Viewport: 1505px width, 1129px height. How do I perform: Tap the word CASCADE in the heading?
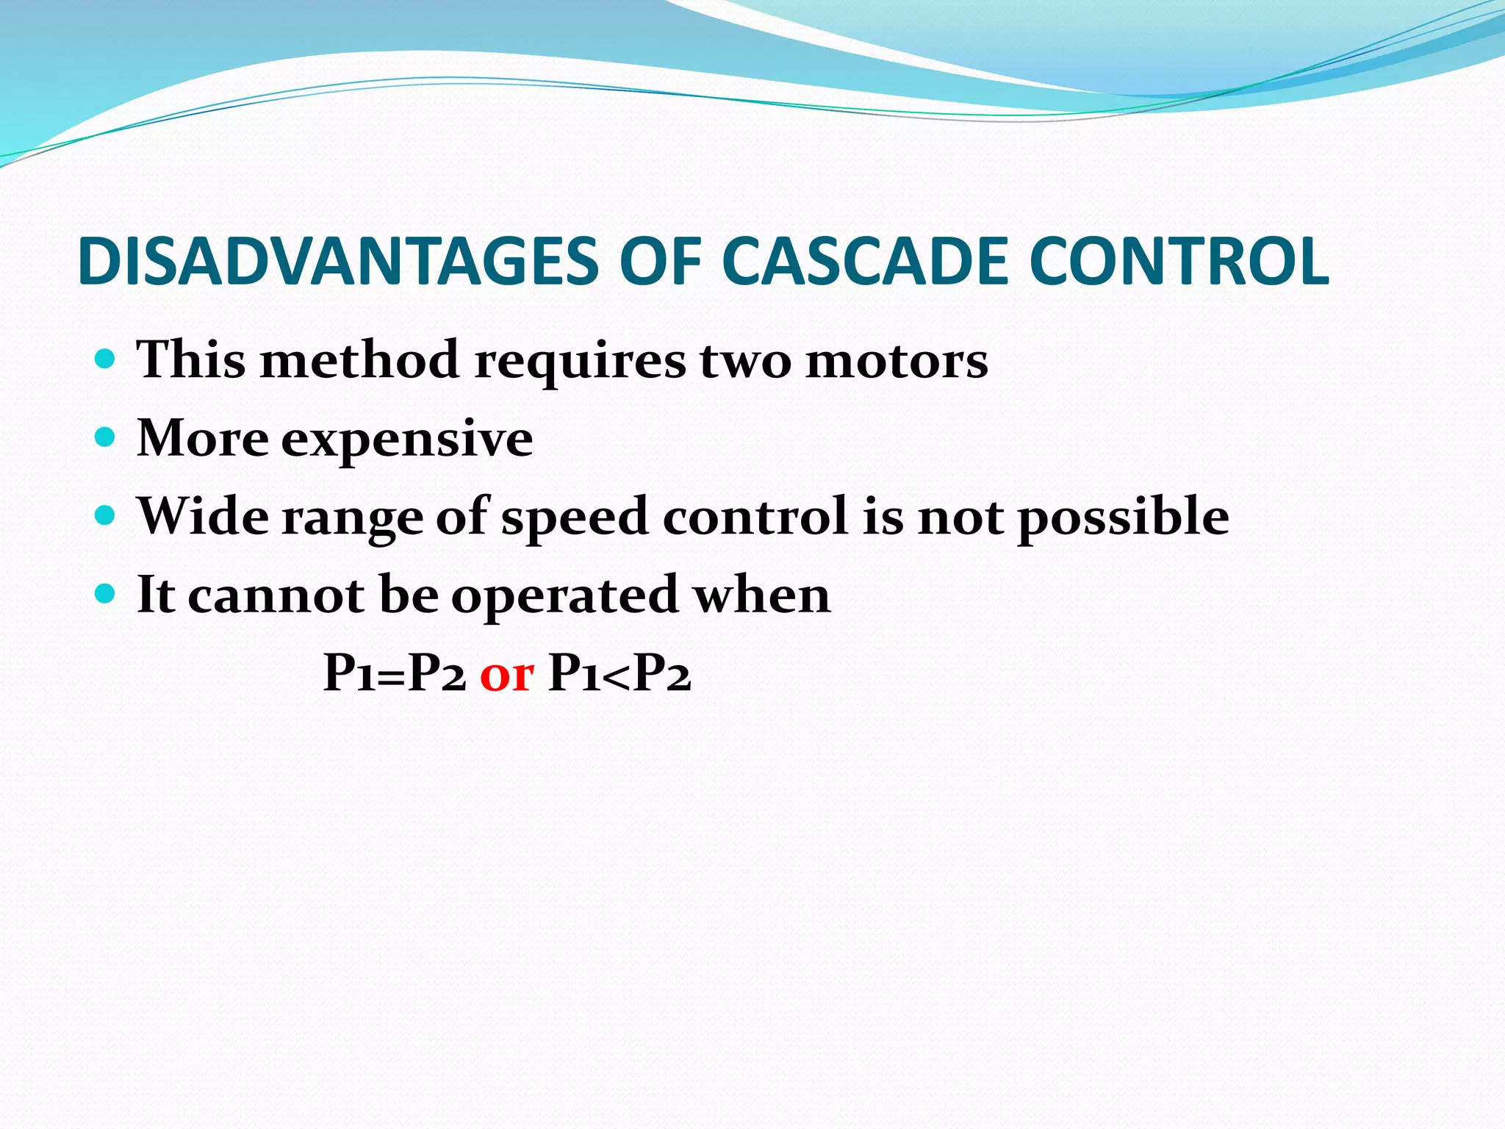click(865, 262)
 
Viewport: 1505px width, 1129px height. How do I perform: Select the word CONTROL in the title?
click(1179, 262)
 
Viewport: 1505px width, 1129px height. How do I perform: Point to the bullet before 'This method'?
click(106, 359)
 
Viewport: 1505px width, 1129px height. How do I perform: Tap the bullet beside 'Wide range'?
click(106, 516)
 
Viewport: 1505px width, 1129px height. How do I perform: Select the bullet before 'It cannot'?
click(106, 594)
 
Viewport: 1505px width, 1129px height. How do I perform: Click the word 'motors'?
click(897, 361)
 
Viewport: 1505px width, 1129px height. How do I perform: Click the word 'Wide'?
click(203, 516)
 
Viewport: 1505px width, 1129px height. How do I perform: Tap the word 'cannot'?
click(276, 595)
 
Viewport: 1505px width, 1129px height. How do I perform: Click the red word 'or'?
click(506, 674)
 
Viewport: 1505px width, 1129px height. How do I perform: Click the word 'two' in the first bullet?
click(745, 361)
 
